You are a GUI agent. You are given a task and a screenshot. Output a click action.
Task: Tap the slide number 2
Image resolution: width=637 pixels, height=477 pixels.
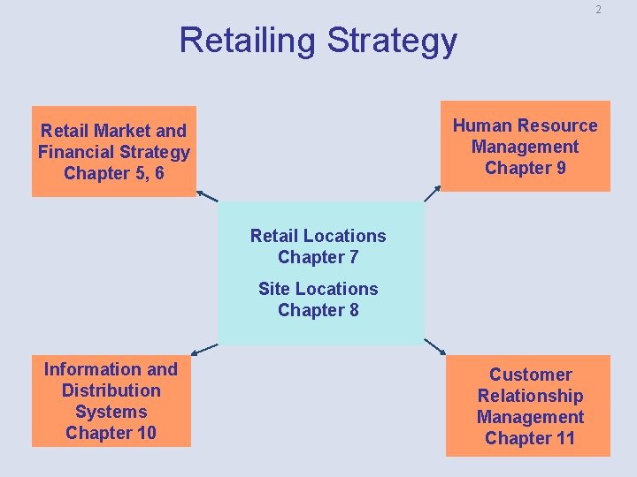click(598, 10)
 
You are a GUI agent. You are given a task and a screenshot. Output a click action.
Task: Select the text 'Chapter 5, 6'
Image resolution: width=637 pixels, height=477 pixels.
click(113, 173)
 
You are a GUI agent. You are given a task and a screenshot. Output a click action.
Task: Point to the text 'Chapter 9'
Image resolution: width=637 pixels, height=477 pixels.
click(526, 168)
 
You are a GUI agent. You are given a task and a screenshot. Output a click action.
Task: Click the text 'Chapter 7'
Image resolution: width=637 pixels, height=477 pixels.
click(318, 257)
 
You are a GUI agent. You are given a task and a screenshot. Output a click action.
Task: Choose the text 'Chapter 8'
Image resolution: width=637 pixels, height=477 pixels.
click(318, 310)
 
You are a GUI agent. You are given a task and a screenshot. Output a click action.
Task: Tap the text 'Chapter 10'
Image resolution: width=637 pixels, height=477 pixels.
click(111, 433)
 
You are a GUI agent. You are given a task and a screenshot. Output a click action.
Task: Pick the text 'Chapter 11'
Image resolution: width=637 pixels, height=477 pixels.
click(530, 438)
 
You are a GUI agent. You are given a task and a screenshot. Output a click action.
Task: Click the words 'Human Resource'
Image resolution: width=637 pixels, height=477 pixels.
click(526, 125)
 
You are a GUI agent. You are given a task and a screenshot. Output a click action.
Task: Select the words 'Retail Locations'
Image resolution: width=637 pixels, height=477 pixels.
click(318, 236)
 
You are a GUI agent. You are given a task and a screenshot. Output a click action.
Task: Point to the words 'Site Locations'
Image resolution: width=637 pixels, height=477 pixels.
click(318, 289)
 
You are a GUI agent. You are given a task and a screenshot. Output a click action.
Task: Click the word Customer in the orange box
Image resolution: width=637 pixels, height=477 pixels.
click(531, 375)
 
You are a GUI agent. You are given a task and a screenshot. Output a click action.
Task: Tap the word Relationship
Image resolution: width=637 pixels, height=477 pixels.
click(531, 396)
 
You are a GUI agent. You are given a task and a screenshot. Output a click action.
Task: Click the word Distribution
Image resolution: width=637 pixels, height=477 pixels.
click(111, 390)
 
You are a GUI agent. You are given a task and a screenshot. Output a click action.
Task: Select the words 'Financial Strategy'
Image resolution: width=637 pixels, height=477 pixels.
click(113, 152)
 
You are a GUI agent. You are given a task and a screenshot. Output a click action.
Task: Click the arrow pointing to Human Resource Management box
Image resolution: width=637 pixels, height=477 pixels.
click(433, 193)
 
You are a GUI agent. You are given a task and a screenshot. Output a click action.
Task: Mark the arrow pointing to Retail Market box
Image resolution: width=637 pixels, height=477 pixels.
click(206, 195)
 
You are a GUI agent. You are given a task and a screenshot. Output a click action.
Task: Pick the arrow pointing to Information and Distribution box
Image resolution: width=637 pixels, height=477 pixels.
click(204, 349)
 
